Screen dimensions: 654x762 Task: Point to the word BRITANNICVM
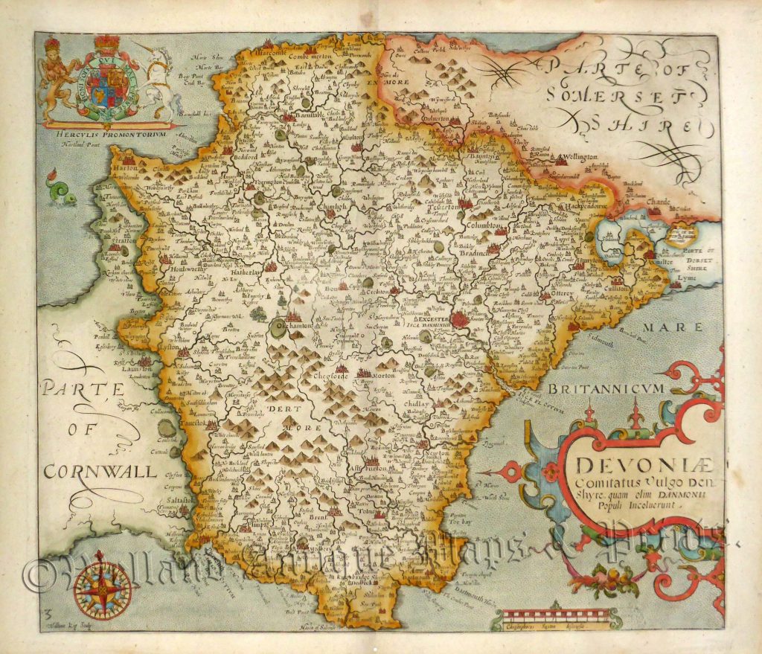click(x=609, y=389)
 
